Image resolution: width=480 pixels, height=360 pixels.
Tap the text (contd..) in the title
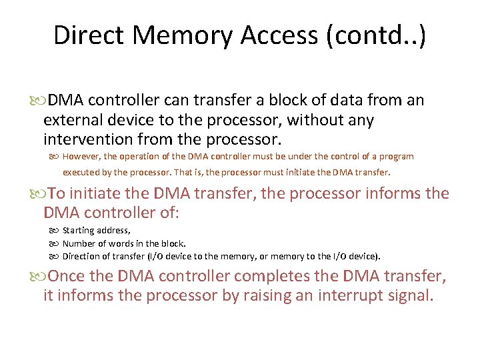[376, 35]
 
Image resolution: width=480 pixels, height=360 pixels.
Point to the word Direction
[83, 256]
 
